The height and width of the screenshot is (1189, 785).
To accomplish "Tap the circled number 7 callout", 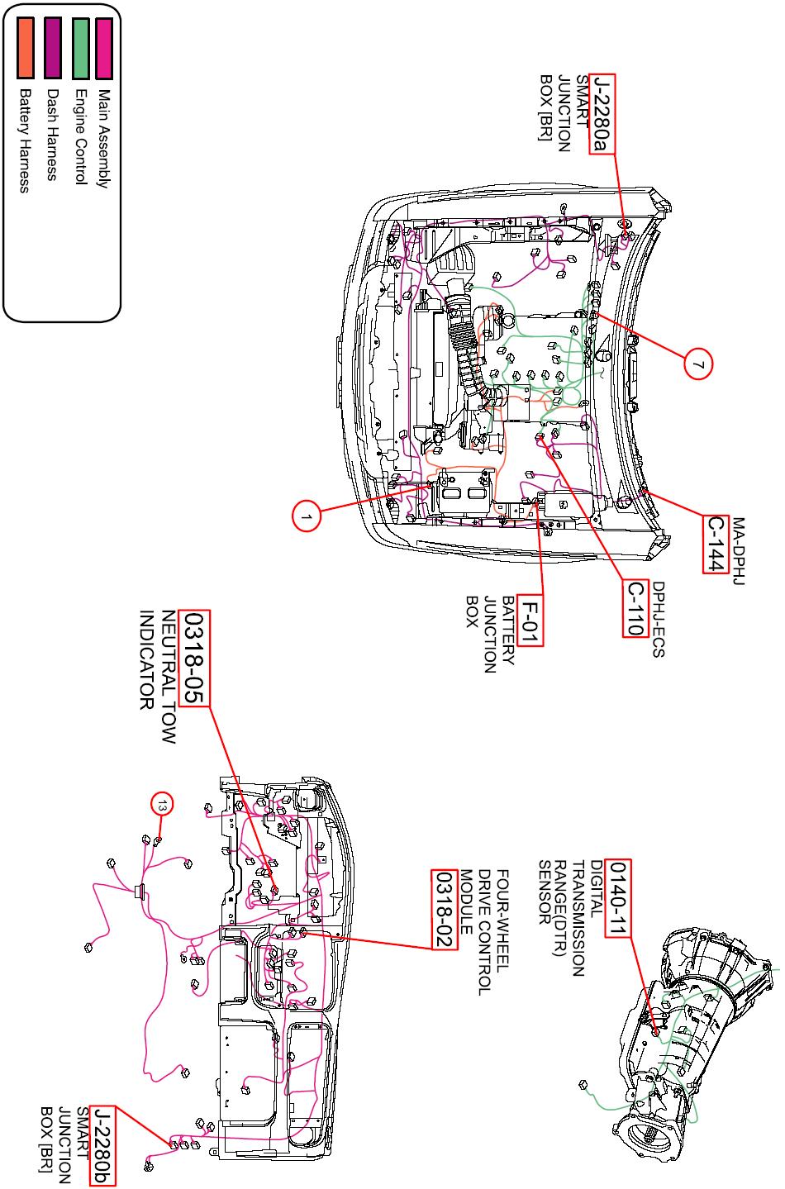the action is pos(698,364).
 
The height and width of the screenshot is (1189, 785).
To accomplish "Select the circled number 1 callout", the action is pos(306,517).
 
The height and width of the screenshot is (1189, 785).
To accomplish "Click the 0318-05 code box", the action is pos(197,659).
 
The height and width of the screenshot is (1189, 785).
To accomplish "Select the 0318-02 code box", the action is pos(445,910).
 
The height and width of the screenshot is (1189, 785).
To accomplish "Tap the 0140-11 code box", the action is pos(618,898).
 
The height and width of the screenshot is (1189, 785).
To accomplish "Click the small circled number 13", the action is pos(162,803).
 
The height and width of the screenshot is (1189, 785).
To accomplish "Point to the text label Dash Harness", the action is pos(51,134).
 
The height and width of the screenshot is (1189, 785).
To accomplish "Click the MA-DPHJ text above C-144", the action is pos(739,553).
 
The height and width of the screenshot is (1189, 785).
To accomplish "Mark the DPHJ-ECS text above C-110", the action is pos(658,620).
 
